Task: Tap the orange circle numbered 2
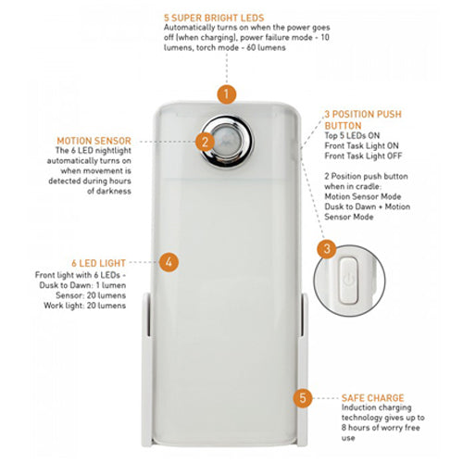click(204, 141)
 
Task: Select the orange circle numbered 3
click(325, 248)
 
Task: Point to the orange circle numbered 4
click(168, 261)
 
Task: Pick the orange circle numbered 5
click(301, 398)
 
